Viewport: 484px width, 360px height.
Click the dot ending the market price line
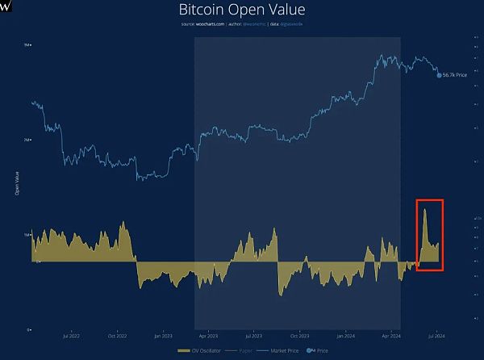440,74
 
